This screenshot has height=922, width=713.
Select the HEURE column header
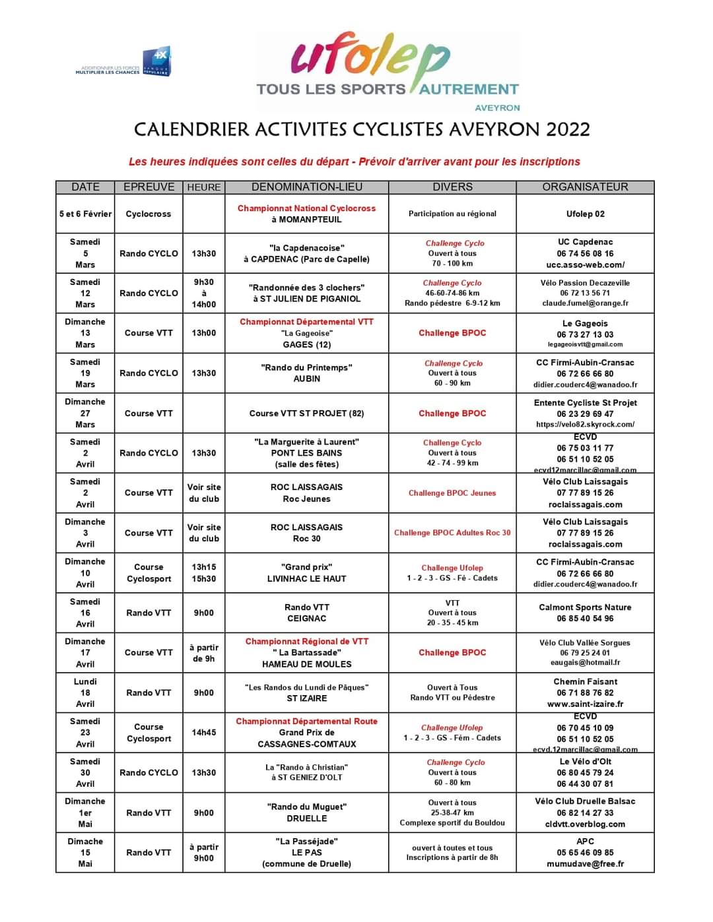pos(203,187)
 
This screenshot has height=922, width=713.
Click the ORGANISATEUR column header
pos(585,187)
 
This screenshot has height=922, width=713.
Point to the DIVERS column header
pos(452,187)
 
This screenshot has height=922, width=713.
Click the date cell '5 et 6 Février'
pos(85,214)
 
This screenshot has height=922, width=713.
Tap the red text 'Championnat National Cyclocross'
pos(306,208)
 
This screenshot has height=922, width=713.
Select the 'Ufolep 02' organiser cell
pos(585,214)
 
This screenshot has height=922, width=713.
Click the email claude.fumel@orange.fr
pos(585,303)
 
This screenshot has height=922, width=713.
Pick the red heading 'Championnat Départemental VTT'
pos(306,322)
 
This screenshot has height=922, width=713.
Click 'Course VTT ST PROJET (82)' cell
pos(306,414)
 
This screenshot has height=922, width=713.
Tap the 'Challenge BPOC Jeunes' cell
pos(452,493)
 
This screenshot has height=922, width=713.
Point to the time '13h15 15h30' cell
pos(203,573)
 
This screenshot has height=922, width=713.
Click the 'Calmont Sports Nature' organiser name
pos(585,607)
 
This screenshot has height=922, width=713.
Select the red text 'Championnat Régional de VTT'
pos(306,641)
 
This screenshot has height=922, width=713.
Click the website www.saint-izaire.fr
pos(585,704)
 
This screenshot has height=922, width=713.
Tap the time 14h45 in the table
pos(203,733)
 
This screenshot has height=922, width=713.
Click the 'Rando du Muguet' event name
pos(306,807)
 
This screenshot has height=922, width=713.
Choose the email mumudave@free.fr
pos(585,864)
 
